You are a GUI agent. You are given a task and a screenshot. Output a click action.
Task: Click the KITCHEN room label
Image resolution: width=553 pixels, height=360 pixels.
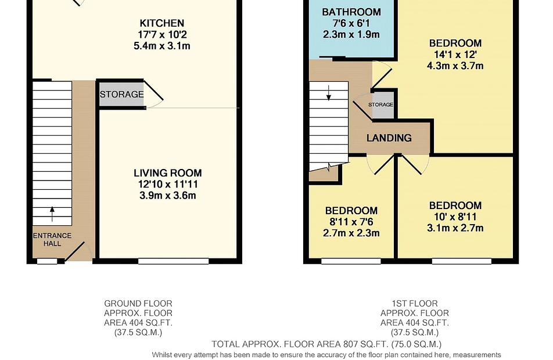pyautogui.click(x=162, y=23)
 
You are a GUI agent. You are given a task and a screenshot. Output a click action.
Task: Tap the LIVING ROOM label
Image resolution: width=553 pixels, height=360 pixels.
pyautogui.click(x=167, y=173)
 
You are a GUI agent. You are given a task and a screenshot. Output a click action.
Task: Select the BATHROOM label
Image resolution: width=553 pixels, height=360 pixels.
pyautogui.click(x=351, y=12)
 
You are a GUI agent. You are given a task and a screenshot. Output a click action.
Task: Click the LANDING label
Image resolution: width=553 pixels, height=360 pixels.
pyautogui.click(x=389, y=138)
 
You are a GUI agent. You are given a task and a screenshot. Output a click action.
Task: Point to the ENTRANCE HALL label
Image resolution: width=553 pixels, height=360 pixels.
pyautogui.click(x=52, y=239)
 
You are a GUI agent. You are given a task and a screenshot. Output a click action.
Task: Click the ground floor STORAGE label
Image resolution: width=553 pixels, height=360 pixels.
pyautogui.click(x=121, y=95)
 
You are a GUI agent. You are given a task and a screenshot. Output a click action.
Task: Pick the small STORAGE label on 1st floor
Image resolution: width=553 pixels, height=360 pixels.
pyautogui.click(x=381, y=105)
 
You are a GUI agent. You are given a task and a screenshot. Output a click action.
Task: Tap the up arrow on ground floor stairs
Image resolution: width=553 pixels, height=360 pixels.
pyautogui.click(x=52, y=214)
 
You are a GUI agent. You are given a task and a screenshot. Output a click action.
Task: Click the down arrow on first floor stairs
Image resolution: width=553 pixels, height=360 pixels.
pyautogui.click(x=329, y=93)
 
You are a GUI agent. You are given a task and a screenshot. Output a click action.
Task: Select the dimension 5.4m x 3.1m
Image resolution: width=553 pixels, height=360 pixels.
pyautogui.click(x=162, y=46)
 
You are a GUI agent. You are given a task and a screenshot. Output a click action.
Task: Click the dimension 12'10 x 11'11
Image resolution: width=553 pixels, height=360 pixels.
pyautogui.click(x=167, y=185)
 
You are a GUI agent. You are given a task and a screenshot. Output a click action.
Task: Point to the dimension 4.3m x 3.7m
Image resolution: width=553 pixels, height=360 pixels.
pyautogui.click(x=455, y=66)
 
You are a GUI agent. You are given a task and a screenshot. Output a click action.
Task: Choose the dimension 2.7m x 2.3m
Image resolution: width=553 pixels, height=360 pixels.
pyautogui.click(x=351, y=233)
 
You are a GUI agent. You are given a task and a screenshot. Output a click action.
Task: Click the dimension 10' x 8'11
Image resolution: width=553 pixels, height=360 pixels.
pyautogui.click(x=455, y=217)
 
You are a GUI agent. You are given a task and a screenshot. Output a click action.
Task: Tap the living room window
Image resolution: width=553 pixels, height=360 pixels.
pyautogui.click(x=173, y=261)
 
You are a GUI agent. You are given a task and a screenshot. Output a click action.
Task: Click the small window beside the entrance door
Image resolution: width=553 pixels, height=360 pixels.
pyautogui.click(x=47, y=261)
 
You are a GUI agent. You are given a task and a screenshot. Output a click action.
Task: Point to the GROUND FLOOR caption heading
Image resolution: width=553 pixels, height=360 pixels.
pyautogui.click(x=138, y=304)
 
